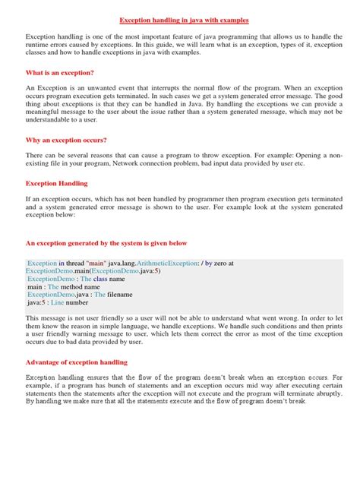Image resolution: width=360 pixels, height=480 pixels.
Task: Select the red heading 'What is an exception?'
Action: [59, 72]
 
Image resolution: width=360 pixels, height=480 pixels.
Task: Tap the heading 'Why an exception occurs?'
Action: [66, 142]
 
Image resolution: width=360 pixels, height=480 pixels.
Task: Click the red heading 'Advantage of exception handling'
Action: [77, 362]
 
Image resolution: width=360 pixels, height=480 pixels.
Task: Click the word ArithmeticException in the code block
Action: [164, 262]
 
